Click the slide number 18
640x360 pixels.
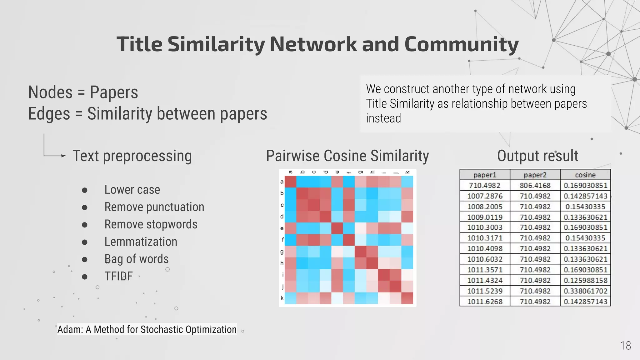click(625, 346)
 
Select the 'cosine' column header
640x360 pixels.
click(585, 175)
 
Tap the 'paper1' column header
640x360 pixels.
click(485, 175)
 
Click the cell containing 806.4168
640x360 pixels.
click(535, 186)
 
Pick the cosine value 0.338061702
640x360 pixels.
click(585, 291)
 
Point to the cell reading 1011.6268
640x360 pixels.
click(485, 302)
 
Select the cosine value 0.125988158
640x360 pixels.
click(585, 280)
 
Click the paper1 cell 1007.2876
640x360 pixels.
click(485, 196)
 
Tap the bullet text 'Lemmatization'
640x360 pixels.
click(141, 242)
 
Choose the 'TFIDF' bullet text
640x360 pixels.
click(118, 276)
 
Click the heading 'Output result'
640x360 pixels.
click(537, 156)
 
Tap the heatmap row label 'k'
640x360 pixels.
click(282, 298)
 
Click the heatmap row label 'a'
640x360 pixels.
click(282, 182)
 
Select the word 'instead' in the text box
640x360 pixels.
click(383, 118)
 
